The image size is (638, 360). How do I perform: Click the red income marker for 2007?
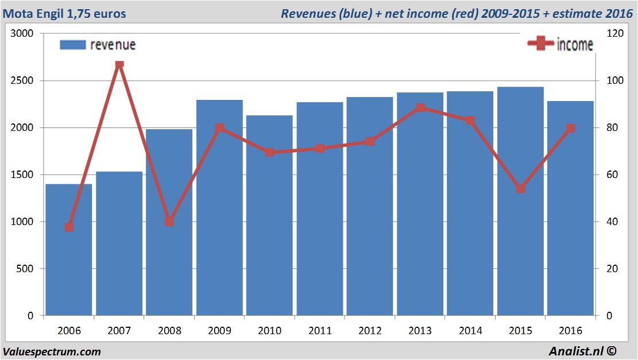[119, 64]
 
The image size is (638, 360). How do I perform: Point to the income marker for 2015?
[520, 189]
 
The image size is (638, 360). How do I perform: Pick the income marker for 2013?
[420, 107]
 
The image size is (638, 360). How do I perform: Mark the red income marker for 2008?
[169, 222]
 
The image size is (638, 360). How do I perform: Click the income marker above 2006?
[69, 227]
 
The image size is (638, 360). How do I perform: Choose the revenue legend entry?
[98, 45]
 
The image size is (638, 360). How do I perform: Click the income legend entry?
[560, 45]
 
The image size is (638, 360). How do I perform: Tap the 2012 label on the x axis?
[370, 331]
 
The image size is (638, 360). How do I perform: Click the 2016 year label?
[570, 331]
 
